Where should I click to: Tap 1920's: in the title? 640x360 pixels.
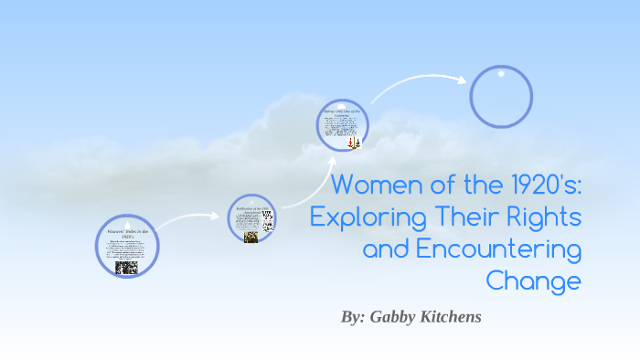point(539,185)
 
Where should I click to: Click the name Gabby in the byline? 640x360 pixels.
point(396,317)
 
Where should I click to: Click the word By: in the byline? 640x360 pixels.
point(353,317)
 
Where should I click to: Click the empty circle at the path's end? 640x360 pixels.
point(501,96)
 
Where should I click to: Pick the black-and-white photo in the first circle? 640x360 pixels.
point(126,267)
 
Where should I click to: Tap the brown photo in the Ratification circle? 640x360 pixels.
point(251,237)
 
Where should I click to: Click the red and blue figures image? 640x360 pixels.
point(355,143)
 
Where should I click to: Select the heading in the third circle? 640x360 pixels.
point(343,112)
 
